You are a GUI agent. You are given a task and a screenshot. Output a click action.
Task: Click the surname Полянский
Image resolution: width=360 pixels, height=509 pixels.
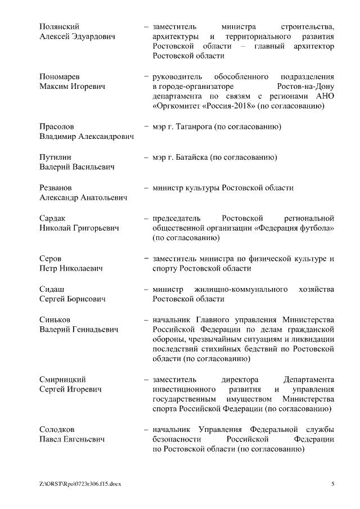(59, 26)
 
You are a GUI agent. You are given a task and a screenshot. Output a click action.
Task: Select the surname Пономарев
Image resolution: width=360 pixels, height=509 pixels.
(60, 76)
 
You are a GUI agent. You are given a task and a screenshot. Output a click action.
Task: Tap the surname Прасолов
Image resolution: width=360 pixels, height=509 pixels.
(57, 127)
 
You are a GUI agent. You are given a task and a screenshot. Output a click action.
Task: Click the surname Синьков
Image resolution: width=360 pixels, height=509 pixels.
(56, 319)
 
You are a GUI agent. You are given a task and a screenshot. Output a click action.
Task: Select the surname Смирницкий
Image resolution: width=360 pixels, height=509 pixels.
(62, 380)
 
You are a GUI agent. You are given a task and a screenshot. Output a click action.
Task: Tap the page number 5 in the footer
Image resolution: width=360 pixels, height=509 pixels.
(332, 484)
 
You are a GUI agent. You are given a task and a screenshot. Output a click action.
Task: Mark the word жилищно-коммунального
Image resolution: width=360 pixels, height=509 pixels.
(235, 289)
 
